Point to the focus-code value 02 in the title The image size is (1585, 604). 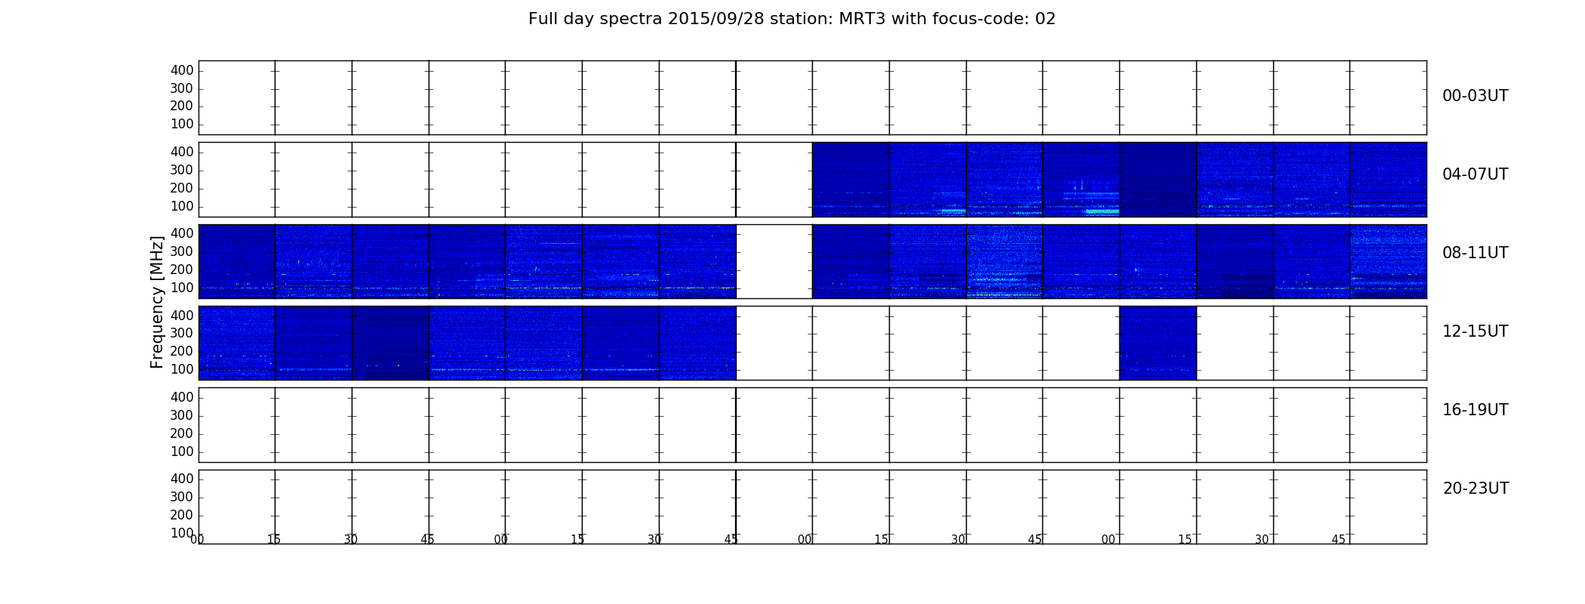pos(1045,19)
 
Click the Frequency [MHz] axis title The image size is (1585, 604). pos(157,302)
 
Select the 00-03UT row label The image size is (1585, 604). pos(1476,96)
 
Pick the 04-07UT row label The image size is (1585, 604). pos(1476,174)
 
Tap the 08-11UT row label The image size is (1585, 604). pos(1476,253)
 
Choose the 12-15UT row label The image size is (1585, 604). pos(1476,331)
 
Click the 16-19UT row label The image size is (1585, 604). pos(1476,410)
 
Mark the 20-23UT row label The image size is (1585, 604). pos(1476,488)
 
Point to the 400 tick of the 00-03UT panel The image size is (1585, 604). pos(182,70)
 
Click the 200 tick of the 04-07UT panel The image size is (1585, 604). pos(182,188)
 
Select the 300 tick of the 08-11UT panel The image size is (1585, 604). pos(182,251)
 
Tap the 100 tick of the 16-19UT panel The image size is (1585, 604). pos(182,451)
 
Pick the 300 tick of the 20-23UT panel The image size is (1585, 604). pos(182,497)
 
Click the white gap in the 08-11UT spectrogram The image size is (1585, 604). pos(774,261)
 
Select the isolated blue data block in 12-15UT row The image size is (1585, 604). pos(1158,343)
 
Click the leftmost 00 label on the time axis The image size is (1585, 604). pos(197,539)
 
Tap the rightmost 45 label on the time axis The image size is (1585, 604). pos(1338,539)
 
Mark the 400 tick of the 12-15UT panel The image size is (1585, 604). pos(182,316)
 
